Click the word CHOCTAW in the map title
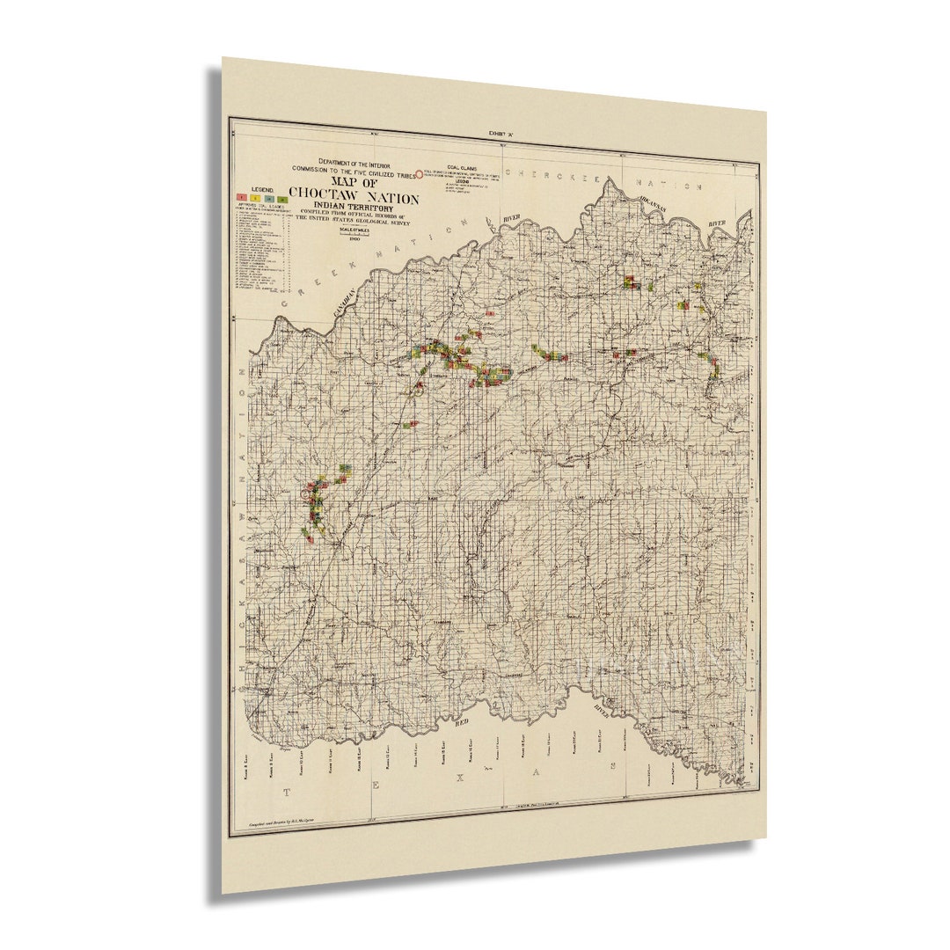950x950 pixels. (x=328, y=196)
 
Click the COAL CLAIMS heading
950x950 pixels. (x=461, y=166)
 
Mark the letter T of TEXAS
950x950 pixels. (x=285, y=793)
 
